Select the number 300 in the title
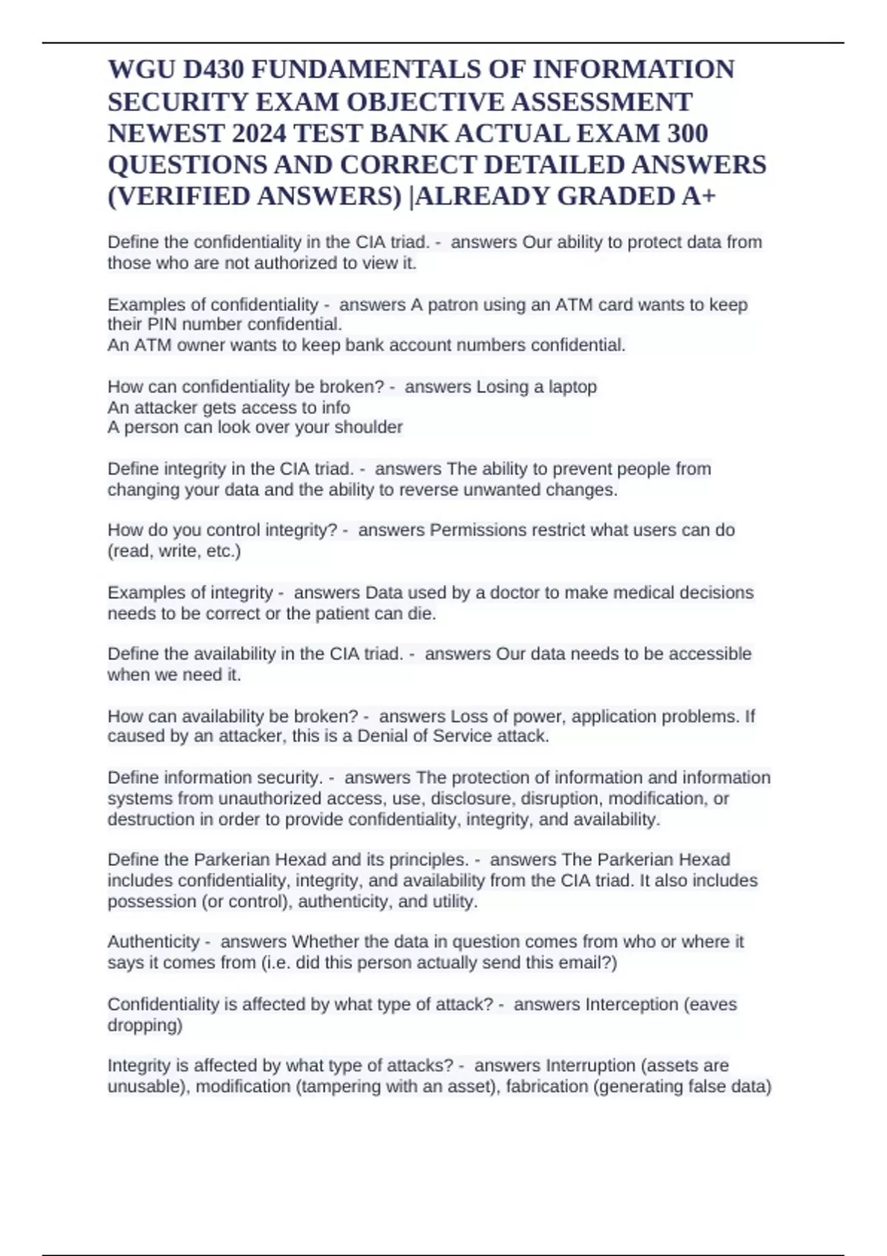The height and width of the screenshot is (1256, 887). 687,133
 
